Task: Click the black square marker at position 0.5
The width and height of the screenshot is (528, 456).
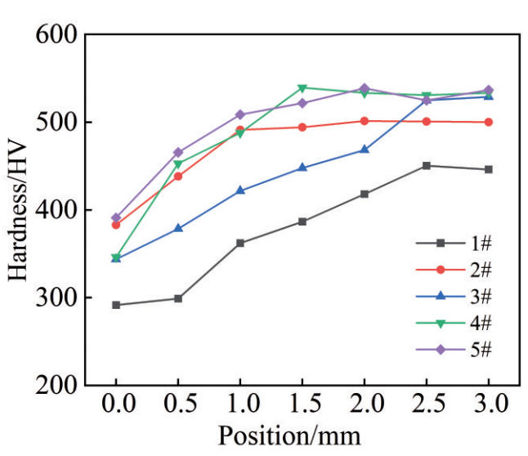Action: [x=178, y=298]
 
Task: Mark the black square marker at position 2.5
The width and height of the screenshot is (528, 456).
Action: [x=426, y=166]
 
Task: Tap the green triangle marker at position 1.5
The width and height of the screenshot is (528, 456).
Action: [x=302, y=87]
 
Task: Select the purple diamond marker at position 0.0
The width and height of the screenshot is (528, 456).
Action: [x=116, y=218]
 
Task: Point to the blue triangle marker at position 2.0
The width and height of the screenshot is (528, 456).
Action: [x=365, y=150]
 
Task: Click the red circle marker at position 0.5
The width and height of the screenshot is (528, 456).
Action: [x=178, y=176]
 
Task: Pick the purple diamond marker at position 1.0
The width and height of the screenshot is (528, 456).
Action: [x=240, y=114]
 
